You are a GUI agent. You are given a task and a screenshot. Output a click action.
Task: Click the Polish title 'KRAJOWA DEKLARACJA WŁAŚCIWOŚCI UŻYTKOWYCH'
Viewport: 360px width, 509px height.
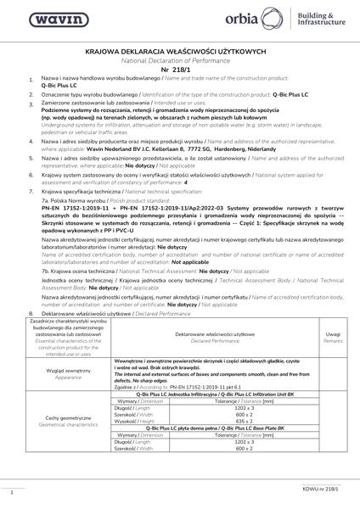(180, 52)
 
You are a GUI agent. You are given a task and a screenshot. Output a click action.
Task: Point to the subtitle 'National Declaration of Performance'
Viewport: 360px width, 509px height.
(180, 60)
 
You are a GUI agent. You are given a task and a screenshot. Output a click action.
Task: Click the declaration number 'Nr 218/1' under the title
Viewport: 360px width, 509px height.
(180, 70)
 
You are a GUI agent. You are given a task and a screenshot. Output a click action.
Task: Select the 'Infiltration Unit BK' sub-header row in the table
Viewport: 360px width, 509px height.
(214, 395)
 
